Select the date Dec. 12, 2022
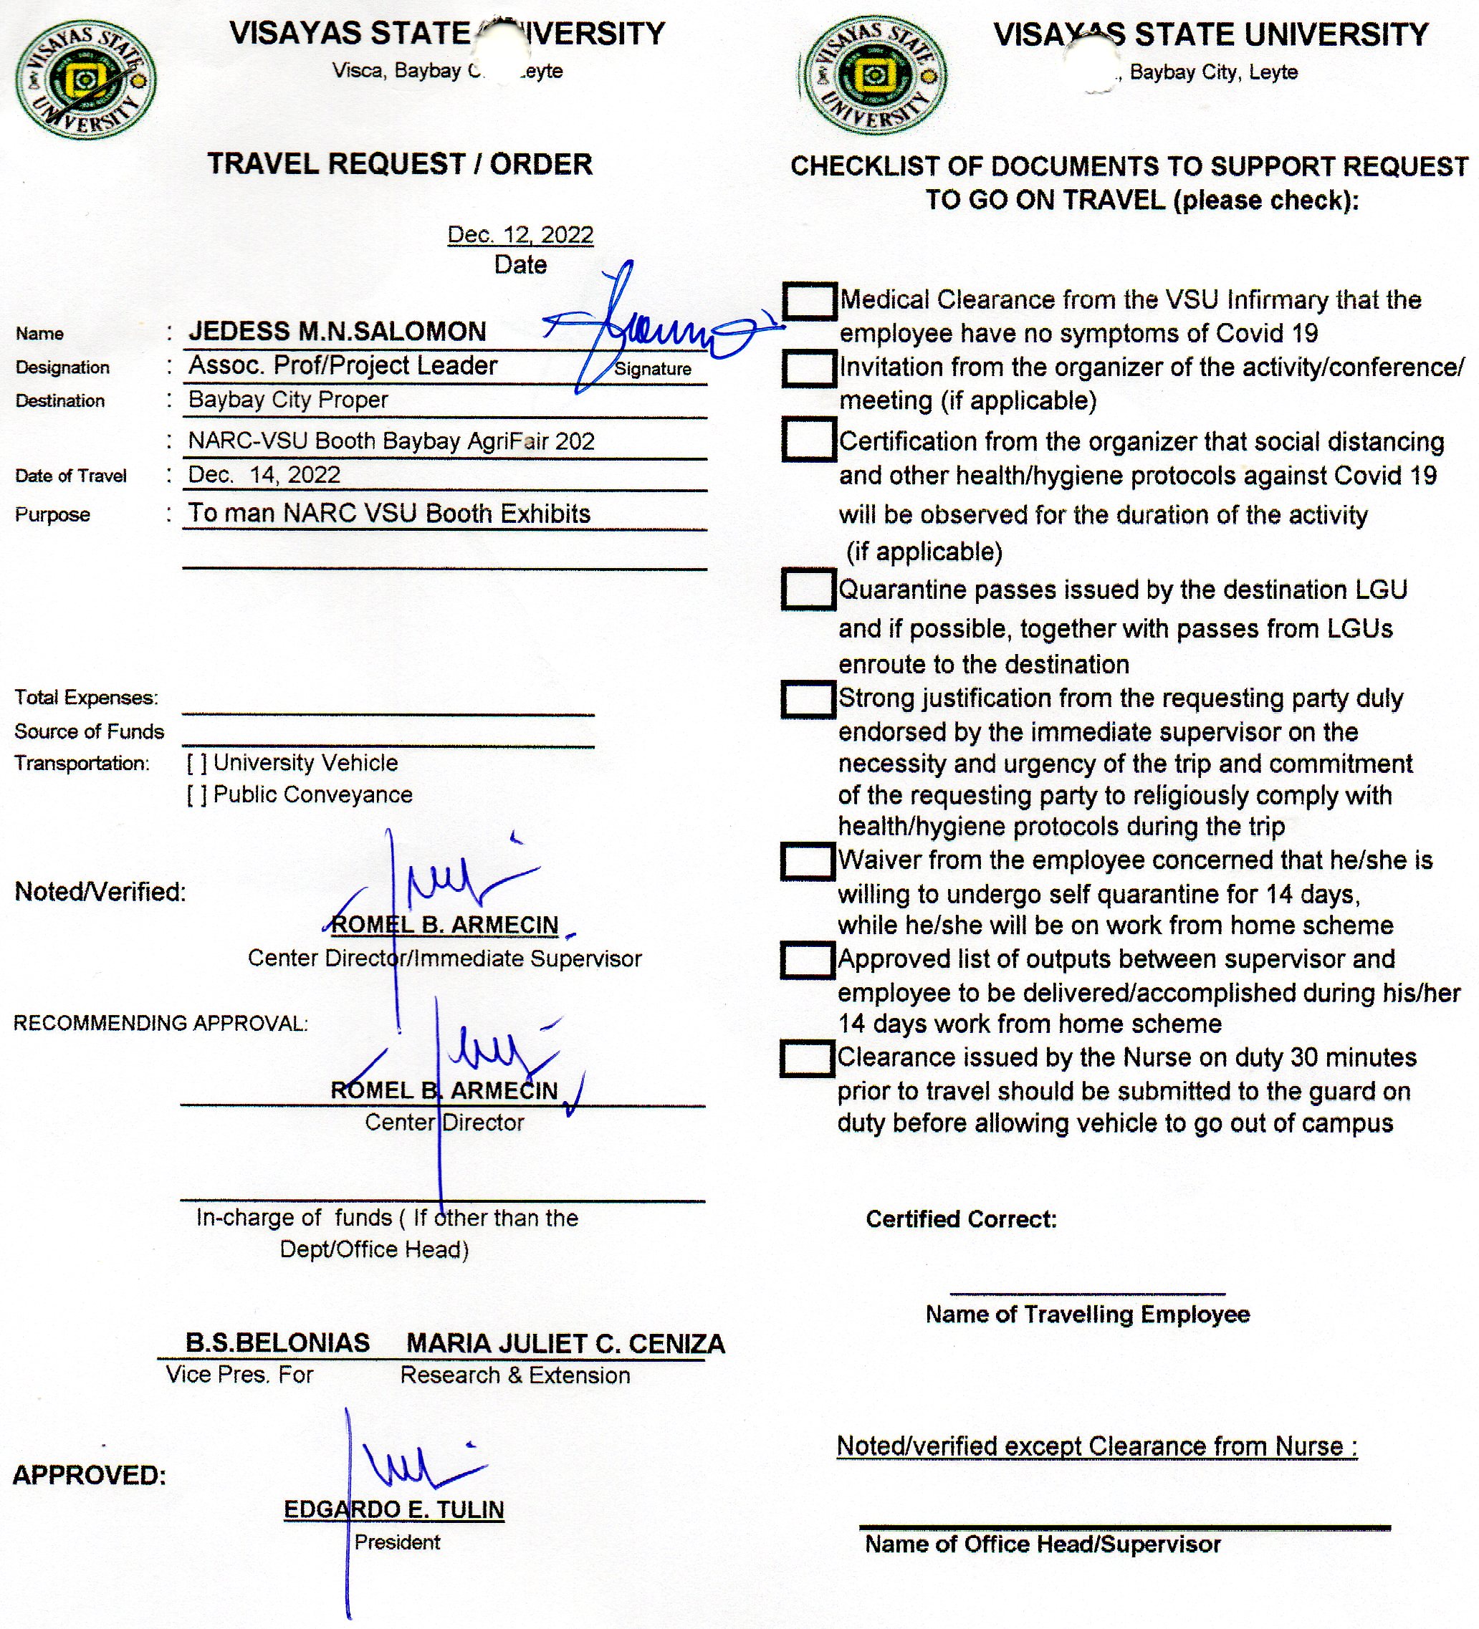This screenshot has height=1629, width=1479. pyautogui.click(x=520, y=234)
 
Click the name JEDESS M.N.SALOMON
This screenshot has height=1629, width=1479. pyautogui.click(x=337, y=331)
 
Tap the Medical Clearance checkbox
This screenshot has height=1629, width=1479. pyautogui.click(x=808, y=301)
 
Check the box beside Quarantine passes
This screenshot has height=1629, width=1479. pyautogui.click(x=808, y=589)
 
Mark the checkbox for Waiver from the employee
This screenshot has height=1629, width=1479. pyautogui.click(x=807, y=861)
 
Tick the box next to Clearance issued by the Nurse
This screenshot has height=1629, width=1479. pyautogui.click(x=807, y=1059)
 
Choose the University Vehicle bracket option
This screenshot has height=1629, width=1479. pyautogui.click(x=196, y=763)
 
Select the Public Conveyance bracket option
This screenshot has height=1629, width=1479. pyautogui.click(x=196, y=795)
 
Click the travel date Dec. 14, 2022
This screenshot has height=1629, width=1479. pyautogui.click(x=264, y=474)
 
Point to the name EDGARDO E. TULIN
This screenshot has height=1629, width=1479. pyautogui.click(x=393, y=1509)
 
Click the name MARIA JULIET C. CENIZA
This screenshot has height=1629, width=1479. pyautogui.click(x=565, y=1344)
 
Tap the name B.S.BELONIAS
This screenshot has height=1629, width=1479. pyautogui.click(x=277, y=1343)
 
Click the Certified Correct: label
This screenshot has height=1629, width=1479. pyautogui.click(x=961, y=1219)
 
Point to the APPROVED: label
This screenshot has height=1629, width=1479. pyautogui.click(x=89, y=1476)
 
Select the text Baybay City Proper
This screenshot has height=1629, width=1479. pyautogui.click(x=288, y=400)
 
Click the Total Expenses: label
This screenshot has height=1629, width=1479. pyautogui.click(x=87, y=697)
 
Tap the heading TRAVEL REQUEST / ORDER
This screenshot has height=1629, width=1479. pyautogui.click(x=400, y=164)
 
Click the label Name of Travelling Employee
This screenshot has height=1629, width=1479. pyautogui.click(x=1087, y=1315)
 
